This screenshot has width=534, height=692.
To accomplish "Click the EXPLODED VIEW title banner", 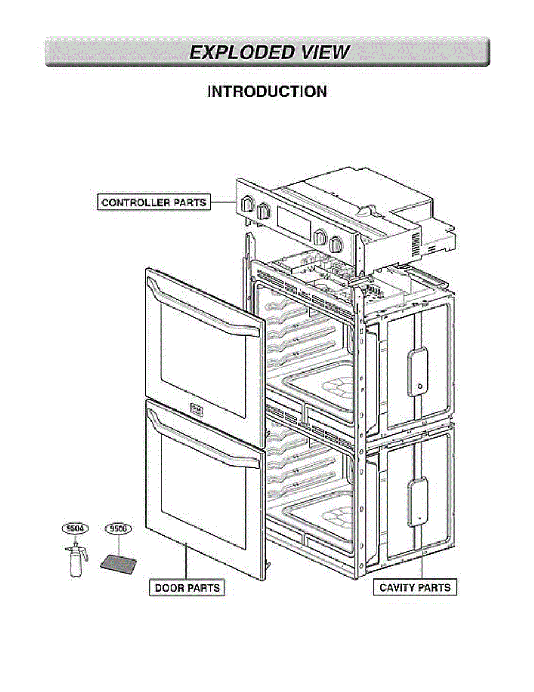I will (x=267, y=52).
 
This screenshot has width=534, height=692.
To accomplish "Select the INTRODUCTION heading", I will (x=267, y=92).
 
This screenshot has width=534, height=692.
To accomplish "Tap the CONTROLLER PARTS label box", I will (x=153, y=202).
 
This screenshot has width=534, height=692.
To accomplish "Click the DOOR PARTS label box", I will (x=187, y=588).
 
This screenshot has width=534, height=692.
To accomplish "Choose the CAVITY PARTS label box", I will (x=415, y=588).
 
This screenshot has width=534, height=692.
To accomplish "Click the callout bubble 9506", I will (x=118, y=528).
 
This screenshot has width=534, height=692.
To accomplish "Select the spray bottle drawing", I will (x=75, y=559).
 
